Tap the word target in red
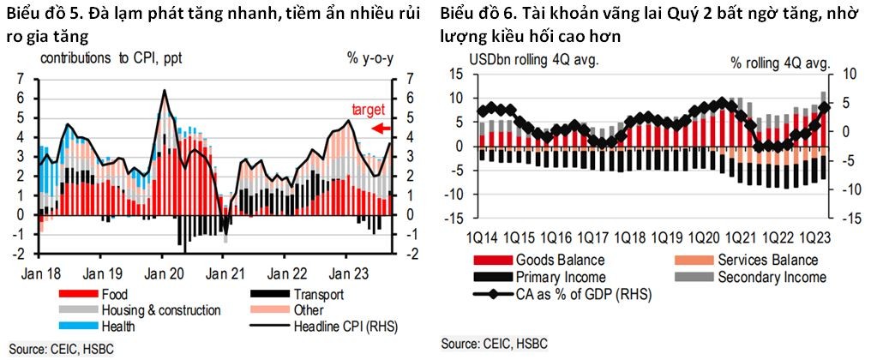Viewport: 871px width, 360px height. [x=369, y=109]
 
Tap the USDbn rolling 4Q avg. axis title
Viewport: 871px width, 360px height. [x=532, y=61]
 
